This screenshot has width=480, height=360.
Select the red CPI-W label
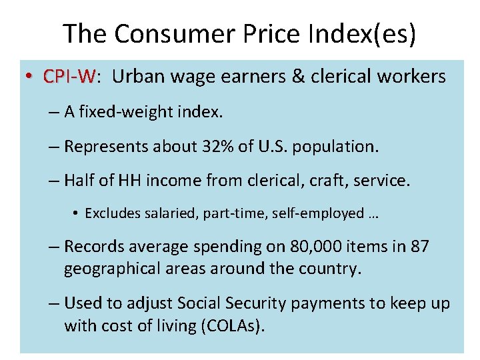coord(69,77)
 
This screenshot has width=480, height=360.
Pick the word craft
coord(317,180)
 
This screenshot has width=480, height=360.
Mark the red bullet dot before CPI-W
coord(31,77)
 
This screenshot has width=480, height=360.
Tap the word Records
coord(93,247)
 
